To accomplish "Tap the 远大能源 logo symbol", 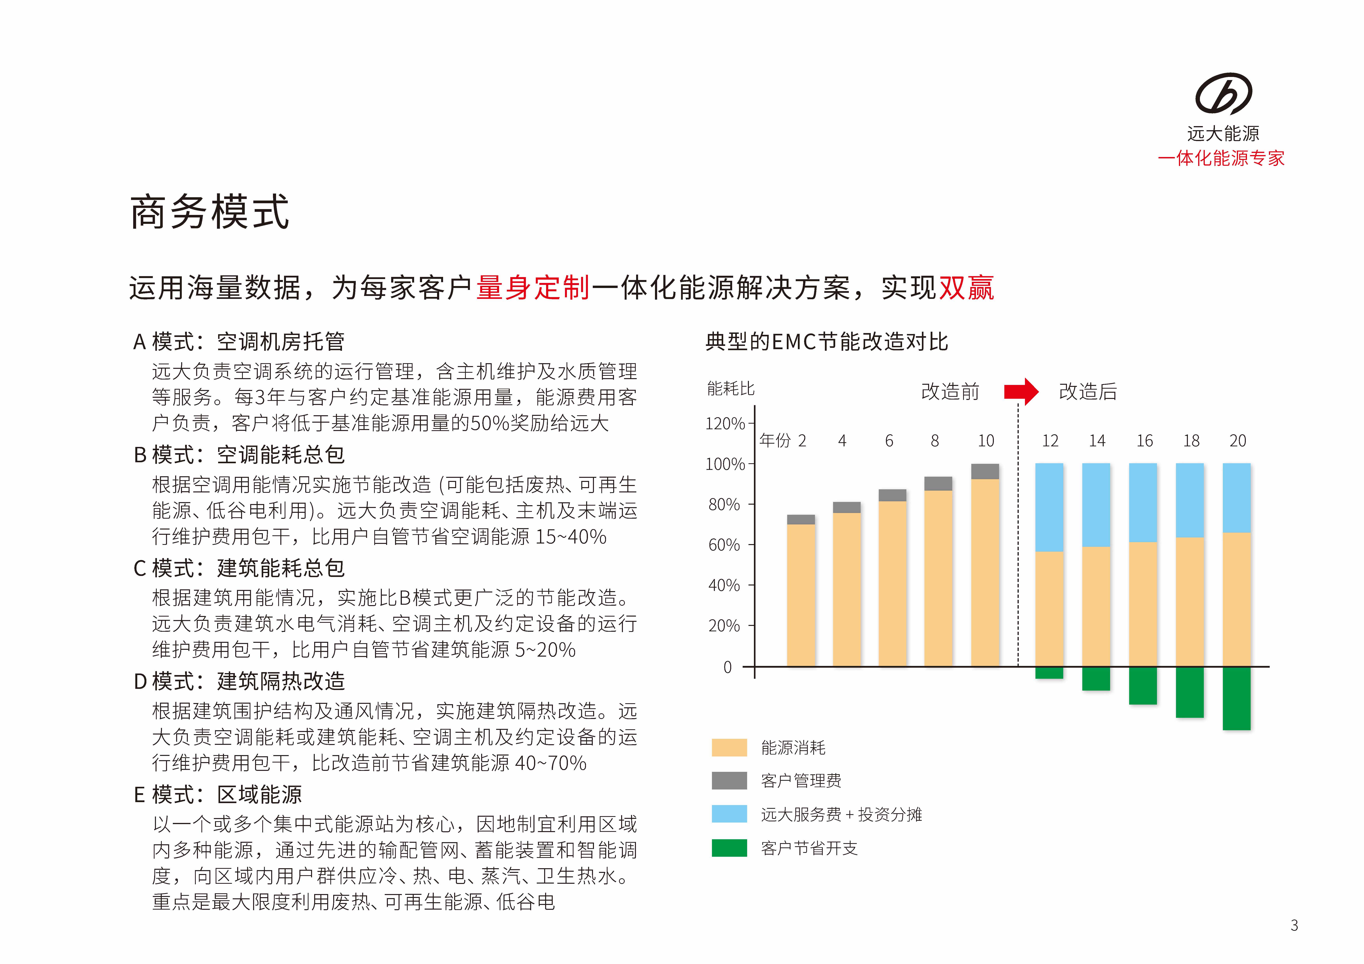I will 1223,94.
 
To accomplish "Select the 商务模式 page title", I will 210,212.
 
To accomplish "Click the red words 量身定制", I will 533,288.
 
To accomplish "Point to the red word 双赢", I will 965,288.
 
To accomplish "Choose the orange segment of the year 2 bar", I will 801,594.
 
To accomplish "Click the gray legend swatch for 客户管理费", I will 729,780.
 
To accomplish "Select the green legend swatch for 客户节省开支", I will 729,848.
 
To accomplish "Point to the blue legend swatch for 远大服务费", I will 729,814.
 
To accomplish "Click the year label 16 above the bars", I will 1144,441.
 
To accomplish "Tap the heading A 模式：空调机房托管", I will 239,342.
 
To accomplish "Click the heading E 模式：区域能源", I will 217,795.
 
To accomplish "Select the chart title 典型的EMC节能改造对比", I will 826,342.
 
